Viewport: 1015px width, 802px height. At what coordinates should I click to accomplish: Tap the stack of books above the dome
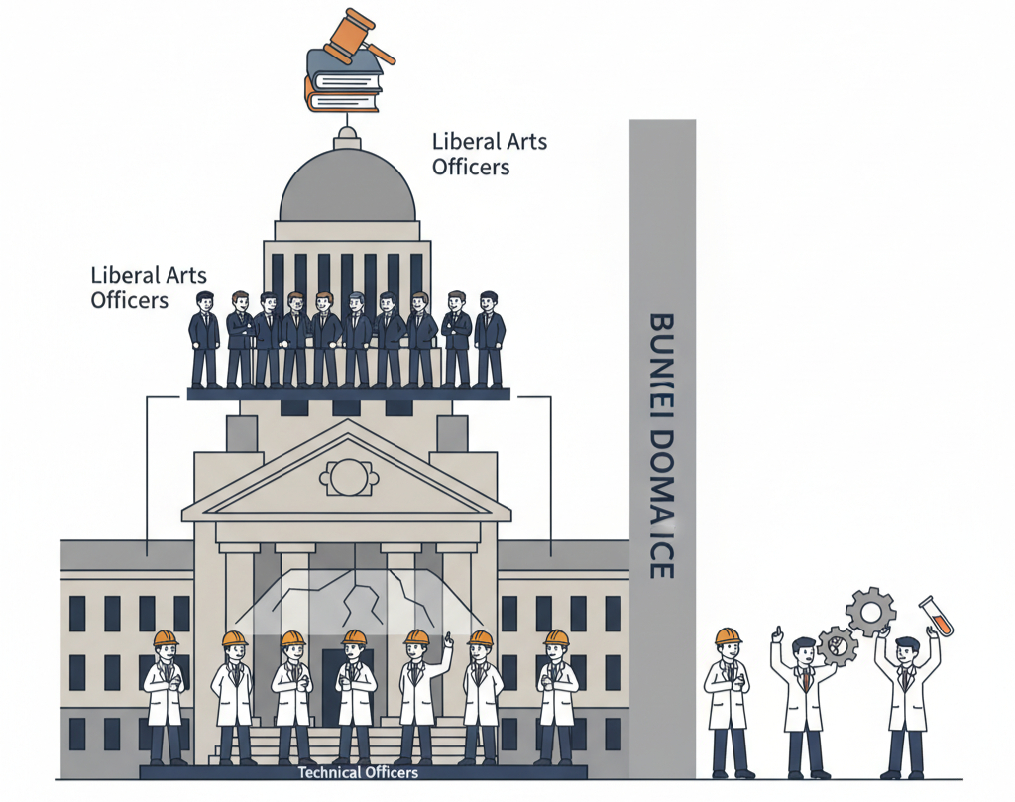pyautogui.click(x=343, y=80)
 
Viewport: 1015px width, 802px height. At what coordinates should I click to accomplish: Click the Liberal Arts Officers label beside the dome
pyautogui.click(x=489, y=154)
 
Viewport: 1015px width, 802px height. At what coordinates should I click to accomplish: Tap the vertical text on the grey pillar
pyautogui.click(x=661, y=446)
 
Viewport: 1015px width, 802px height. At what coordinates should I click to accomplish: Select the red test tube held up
pyautogui.click(x=936, y=616)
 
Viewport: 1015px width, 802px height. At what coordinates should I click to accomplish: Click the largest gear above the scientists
pyautogui.click(x=870, y=612)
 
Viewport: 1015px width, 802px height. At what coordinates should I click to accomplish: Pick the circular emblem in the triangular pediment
pyautogui.click(x=347, y=477)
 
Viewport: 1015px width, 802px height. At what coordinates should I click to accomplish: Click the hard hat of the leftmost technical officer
pyautogui.click(x=166, y=638)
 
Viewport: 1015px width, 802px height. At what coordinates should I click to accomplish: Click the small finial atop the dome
pyautogui.click(x=346, y=133)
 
